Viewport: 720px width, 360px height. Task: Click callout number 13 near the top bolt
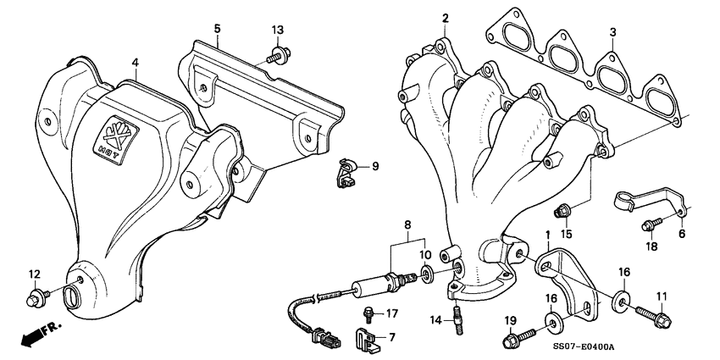click(x=277, y=30)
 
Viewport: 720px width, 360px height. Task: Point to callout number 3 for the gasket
click(x=612, y=31)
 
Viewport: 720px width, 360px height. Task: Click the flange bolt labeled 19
click(x=514, y=341)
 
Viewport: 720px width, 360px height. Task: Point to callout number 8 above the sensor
click(x=407, y=226)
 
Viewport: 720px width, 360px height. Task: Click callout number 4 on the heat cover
click(x=133, y=61)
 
